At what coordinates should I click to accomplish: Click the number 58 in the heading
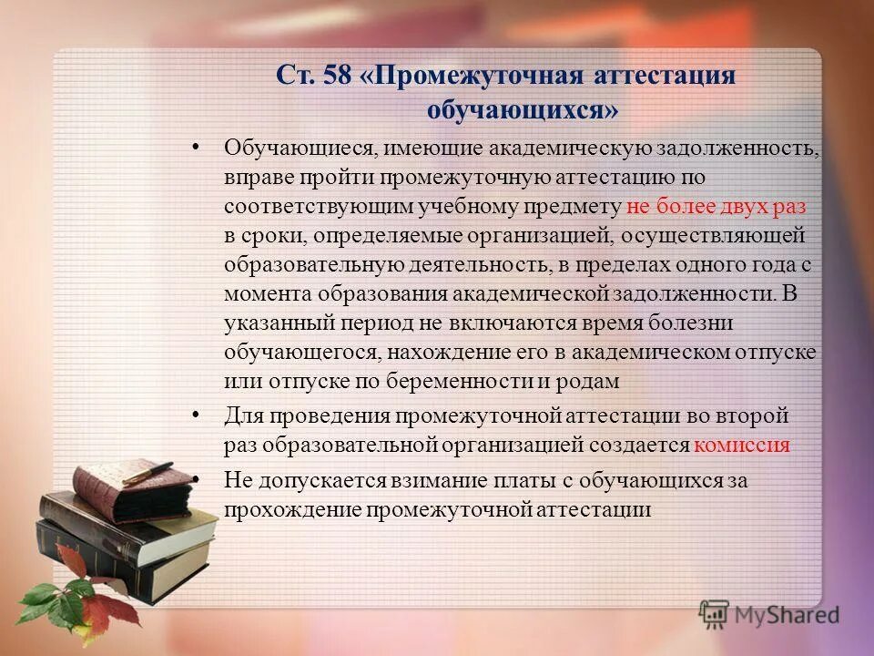pyautogui.click(x=333, y=76)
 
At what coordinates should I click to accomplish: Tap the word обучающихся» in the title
pyautogui.click(x=523, y=109)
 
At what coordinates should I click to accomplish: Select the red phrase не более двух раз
pyautogui.click(x=716, y=206)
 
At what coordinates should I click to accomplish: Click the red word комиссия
pyautogui.click(x=741, y=446)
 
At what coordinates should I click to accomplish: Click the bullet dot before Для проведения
pyautogui.click(x=198, y=415)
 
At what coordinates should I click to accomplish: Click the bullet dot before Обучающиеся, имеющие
pyautogui.click(x=198, y=147)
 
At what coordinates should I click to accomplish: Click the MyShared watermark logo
pyautogui.click(x=769, y=614)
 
